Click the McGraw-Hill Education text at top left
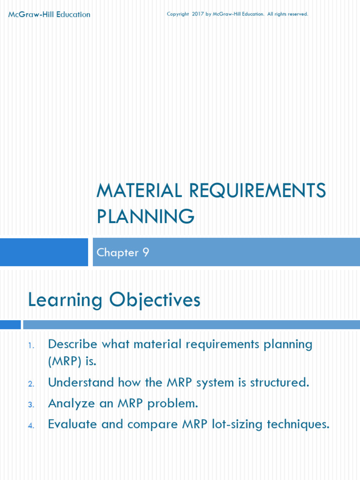[49, 15]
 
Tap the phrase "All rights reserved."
[288, 14]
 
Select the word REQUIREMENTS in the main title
[257, 191]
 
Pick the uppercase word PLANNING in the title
[145, 217]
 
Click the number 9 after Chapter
[146, 253]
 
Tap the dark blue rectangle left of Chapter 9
[44, 252]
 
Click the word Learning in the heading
[66, 300]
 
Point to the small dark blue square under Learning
[10, 324]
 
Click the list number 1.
[31, 346]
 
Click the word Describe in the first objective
[73, 344]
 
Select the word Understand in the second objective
[81, 382]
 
